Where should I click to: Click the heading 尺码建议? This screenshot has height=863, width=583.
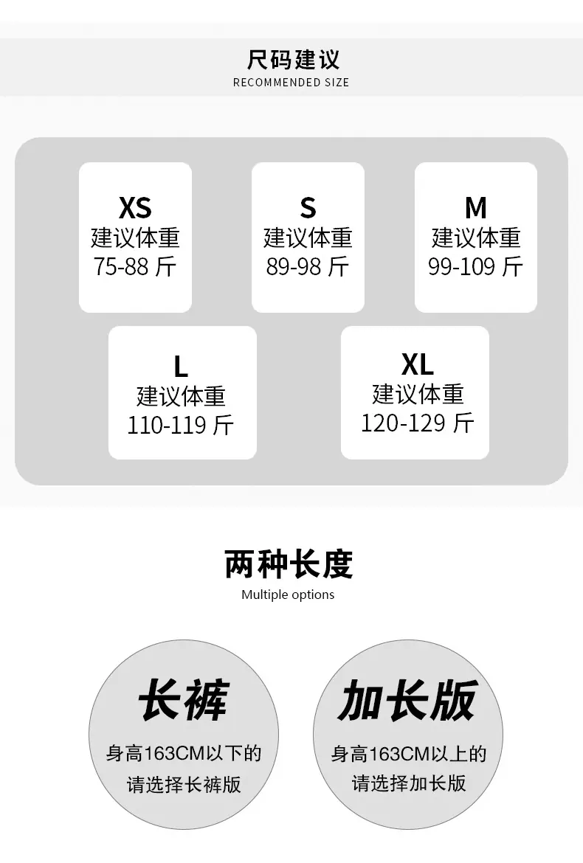tap(293, 59)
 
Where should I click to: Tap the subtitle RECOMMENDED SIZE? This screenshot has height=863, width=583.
tap(291, 83)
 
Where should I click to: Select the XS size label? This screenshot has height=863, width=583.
tap(135, 208)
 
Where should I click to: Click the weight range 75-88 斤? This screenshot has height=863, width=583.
tap(135, 267)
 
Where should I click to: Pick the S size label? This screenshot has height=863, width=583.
tap(308, 208)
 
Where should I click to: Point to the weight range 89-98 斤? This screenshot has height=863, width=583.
tap(308, 267)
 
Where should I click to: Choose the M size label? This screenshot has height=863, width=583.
tap(476, 208)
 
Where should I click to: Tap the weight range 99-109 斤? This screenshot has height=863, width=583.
tap(476, 267)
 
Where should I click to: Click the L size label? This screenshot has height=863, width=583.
tap(181, 366)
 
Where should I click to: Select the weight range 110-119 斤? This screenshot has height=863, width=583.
tap(181, 425)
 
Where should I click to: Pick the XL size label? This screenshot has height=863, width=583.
tap(417, 364)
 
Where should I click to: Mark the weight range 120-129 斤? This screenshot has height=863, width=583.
tap(417, 423)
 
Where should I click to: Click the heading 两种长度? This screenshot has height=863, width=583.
tap(289, 564)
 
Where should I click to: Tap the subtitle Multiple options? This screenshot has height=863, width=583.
tap(288, 595)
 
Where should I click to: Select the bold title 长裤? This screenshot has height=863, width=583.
tap(183, 700)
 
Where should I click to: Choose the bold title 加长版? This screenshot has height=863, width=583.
tap(407, 700)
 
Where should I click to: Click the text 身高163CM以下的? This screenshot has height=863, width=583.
tap(184, 754)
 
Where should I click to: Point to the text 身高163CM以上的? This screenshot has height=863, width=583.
tap(409, 754)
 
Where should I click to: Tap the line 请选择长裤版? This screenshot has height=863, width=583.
tap(184, 784)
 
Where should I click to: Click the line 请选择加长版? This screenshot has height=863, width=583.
tap(409, 783)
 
